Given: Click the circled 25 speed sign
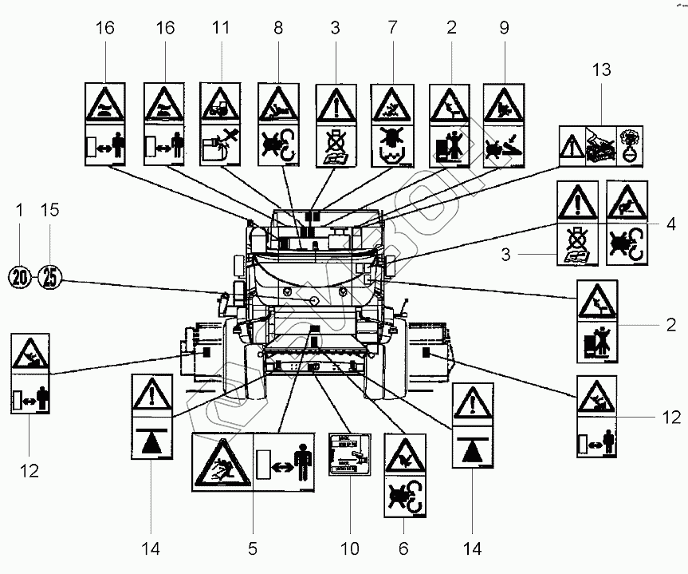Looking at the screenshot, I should click(x=50, y=277).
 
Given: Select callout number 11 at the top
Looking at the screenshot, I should click(x=222, y=28).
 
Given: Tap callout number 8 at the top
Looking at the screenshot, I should click(x=278, y=28).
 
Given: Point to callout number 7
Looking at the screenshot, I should click(x=391, y=28).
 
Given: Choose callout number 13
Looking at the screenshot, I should click(x=600, y=70).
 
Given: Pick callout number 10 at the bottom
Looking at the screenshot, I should click(x=350, y=548).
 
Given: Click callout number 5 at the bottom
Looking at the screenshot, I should click(x=253, y=548).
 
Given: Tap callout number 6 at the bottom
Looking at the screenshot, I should click(x=403, y=548).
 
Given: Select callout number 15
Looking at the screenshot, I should click(x=50, y=210).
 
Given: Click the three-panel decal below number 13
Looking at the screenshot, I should click(x=601, y=145).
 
